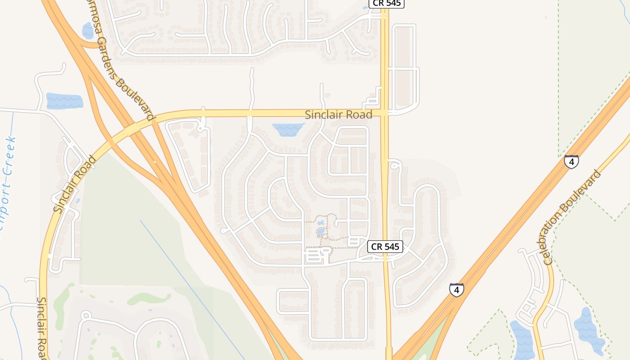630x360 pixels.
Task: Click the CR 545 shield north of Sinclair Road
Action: click(x=387, y=4)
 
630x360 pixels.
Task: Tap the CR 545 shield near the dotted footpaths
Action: click(x=385, y=247)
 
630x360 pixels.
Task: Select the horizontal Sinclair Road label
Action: click(x=338, y=115)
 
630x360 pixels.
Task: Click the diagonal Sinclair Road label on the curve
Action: click(x=75, y=184)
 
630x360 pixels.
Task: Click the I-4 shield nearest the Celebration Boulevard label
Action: click(x=571, y=161)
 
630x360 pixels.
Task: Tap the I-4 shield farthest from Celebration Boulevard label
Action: click(x=456, y=290)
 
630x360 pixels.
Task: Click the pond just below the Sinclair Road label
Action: click(x=288, y=130)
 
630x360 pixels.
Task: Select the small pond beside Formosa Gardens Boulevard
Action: click(x=88, y=31)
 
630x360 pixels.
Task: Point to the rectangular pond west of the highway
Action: click(x=64, y=101)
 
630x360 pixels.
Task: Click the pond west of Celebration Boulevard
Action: click(x=522, y=340)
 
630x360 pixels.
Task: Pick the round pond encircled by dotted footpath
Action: click(x=320, y=232)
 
